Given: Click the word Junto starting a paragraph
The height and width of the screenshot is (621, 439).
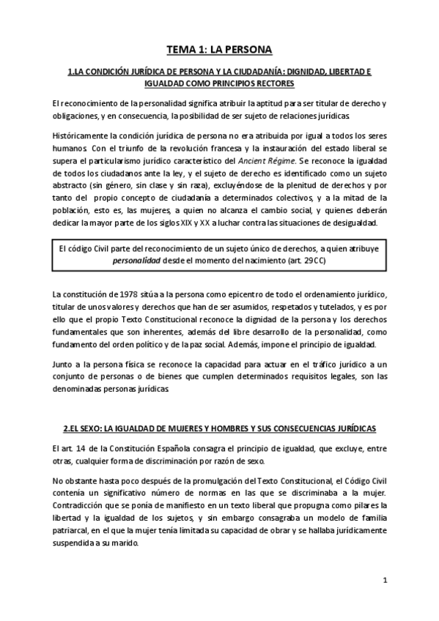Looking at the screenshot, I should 64,365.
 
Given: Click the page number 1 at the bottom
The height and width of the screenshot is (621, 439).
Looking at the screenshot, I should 385,581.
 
